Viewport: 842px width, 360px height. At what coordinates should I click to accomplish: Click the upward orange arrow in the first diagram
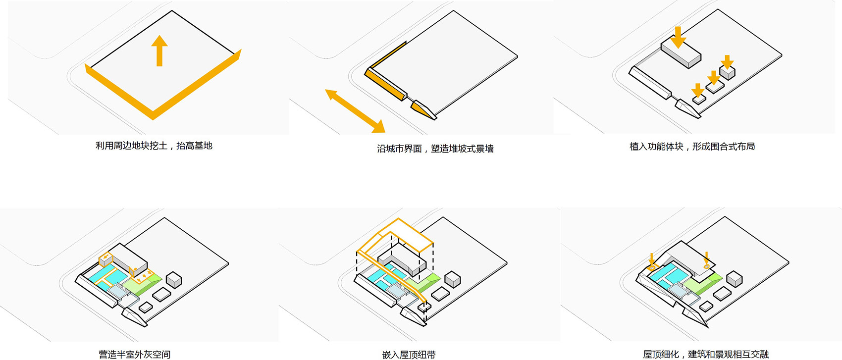tap(159, 51)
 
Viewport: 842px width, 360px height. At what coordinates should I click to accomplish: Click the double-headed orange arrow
tap(355, 111)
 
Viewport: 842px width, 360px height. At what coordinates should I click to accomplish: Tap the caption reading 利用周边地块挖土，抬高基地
tap(154, 146)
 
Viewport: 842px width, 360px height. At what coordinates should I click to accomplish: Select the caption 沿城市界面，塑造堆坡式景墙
tap(435, 149)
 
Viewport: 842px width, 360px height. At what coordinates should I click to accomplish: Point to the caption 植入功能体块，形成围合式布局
tap(692, 147)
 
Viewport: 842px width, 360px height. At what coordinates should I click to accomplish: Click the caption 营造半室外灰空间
tap(135, 355)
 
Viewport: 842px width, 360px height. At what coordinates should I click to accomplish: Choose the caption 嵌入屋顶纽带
tap(409, 355)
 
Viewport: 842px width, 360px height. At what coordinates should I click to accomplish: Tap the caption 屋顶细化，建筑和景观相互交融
tap(706, 355)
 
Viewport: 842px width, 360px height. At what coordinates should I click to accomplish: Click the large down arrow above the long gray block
tap(678, 38)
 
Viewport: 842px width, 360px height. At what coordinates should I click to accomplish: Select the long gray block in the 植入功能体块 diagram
tap(681, 54)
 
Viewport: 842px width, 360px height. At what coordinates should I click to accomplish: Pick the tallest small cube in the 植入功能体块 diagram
tap(728, 73)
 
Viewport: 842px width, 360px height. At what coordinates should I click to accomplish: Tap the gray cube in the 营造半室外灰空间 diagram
tap(174, 280)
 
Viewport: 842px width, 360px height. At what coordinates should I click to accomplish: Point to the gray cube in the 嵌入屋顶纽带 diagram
tap(453, 280)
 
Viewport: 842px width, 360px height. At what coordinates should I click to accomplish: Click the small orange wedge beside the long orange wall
tap(422, 110)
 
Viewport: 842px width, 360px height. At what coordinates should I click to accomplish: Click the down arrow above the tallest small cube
tap(728, 62)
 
